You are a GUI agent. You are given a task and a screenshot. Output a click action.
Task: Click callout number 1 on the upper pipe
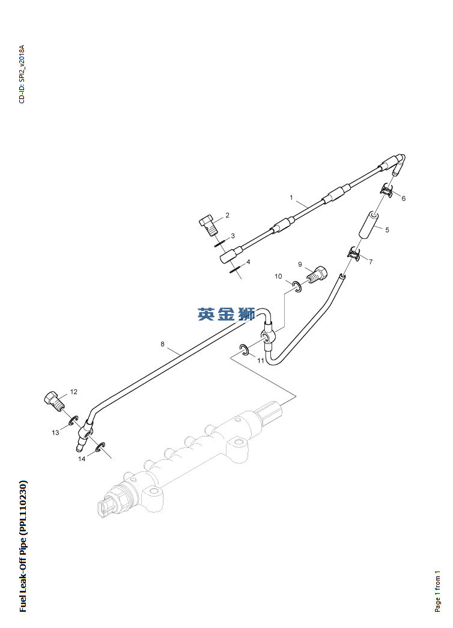click(291, 197)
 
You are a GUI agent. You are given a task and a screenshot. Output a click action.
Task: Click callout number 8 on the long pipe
click(162, 343)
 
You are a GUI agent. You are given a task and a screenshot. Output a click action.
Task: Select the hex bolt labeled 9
click(317, 275)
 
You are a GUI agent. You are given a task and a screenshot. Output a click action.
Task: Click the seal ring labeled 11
click(245, 349)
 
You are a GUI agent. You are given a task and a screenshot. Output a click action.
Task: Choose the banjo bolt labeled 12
click(53, 400)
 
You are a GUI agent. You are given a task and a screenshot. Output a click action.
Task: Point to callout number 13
click(55, 432)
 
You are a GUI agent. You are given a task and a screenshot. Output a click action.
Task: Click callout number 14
click(82, 459)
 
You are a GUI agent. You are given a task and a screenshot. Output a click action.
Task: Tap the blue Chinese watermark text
click(227, 313)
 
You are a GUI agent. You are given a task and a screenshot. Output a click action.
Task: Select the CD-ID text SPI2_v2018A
click(22, 74)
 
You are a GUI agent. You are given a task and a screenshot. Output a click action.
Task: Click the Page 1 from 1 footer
click(437, 594)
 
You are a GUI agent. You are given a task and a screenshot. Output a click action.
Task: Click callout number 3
click(233, 235)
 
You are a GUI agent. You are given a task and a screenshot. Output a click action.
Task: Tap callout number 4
click(248, 262)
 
